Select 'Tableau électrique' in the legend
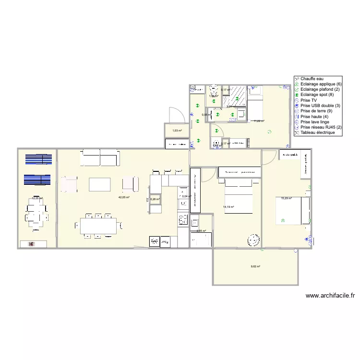tap(318, 132)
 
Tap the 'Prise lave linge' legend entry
tap(316, 122)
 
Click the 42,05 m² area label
tap(124, 197)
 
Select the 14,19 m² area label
tap(228, 207)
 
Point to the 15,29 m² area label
tap(287, 198)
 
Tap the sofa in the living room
tap(100, 157)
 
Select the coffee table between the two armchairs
tap(100, 184)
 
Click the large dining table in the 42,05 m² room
tap(98, 225)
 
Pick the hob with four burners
tap(183, 220)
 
